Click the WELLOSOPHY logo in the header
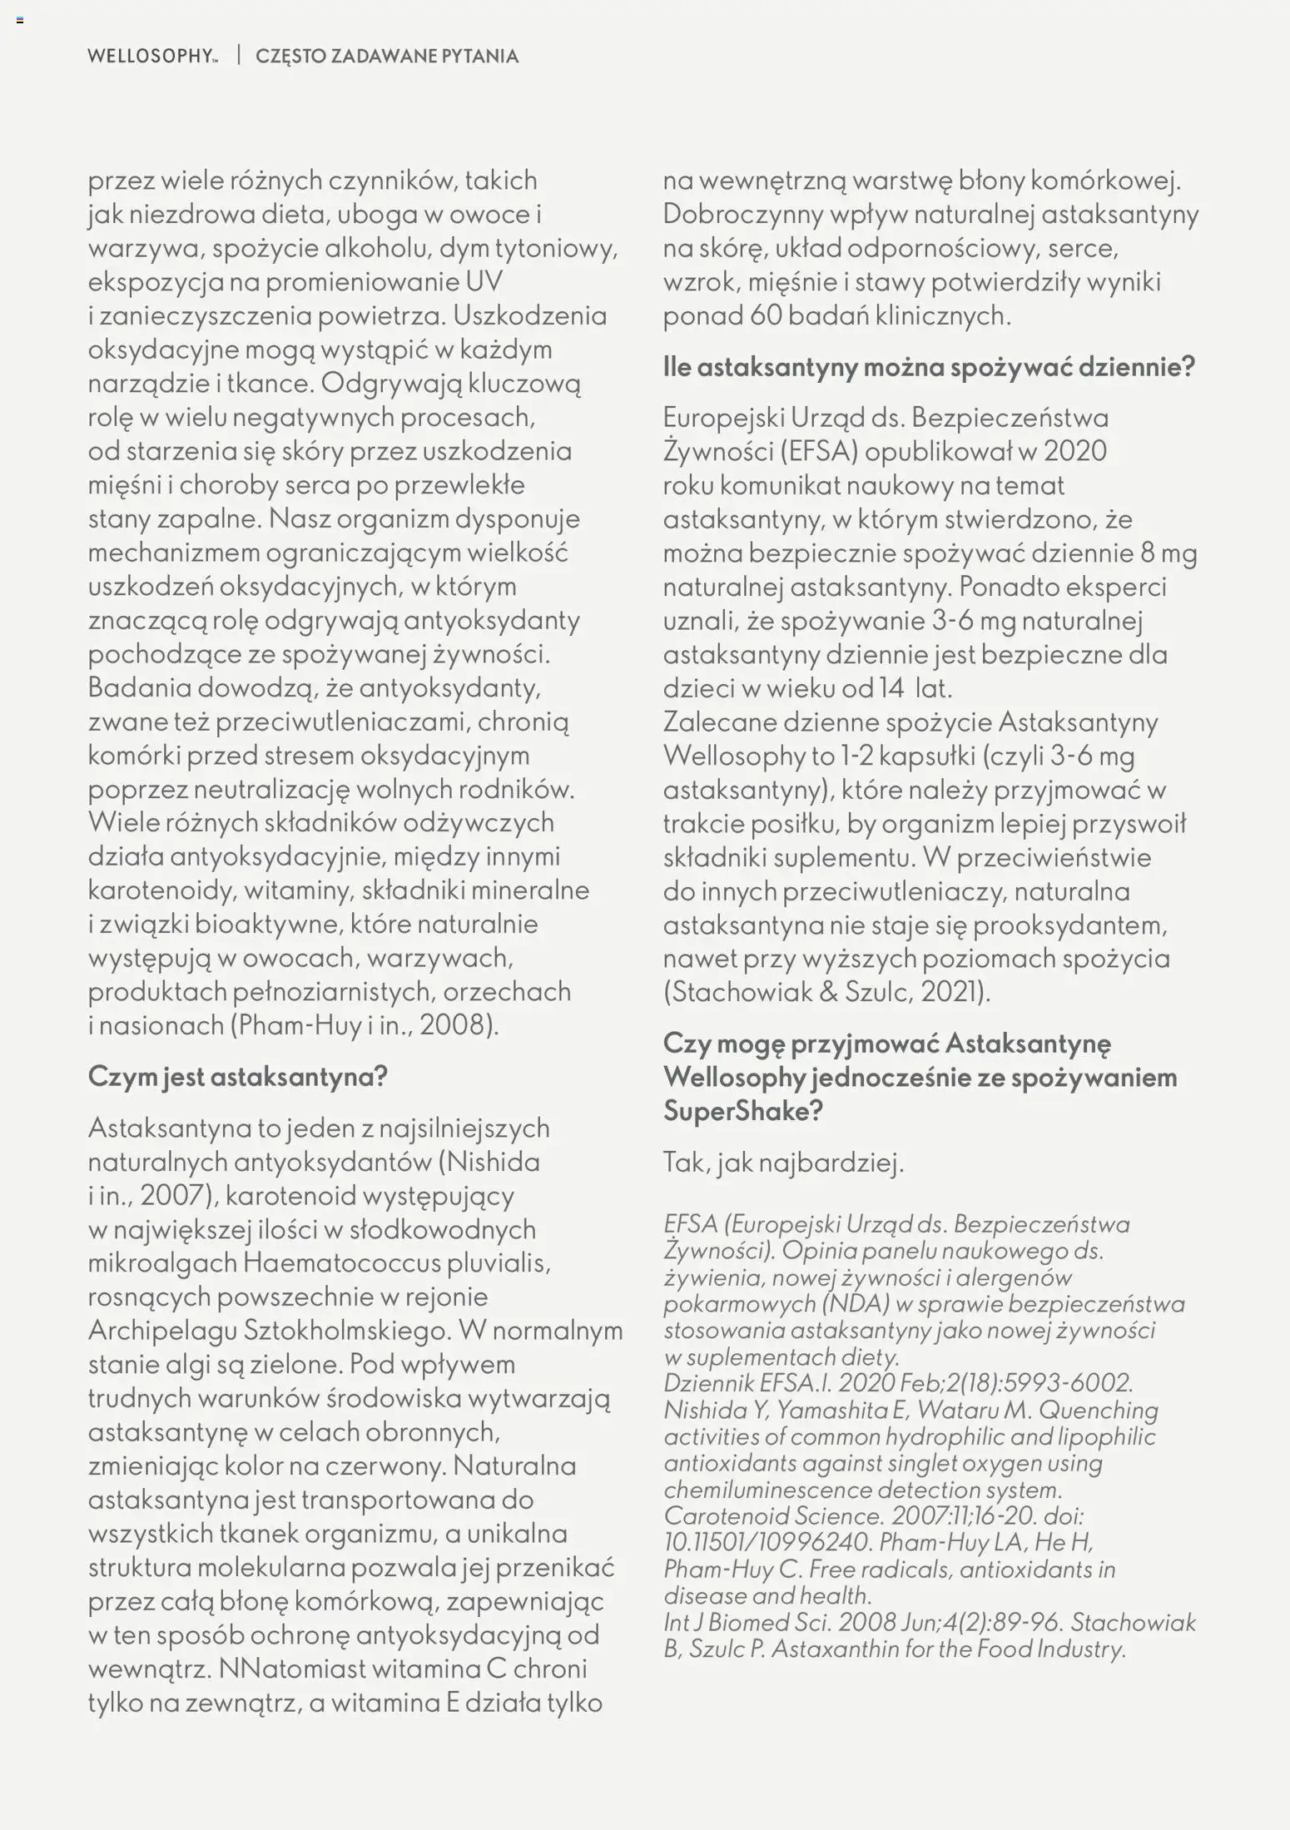pyautogui.click(x=151, y=57)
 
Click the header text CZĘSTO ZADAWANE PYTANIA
pyautogui.click(x=387, y=57)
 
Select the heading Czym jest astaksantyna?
pyautogui.click(x=238, y=1077)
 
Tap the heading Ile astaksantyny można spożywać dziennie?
pyautogui.click(x=929, y=367)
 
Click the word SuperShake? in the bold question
pyautogui.click(x=742, y=1111)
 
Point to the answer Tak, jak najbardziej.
pyautogui.click(x=783, y=1163)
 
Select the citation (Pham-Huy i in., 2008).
pyautogui.click(x=365, y=1024)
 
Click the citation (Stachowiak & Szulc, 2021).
pyautogui.click(x=827, y=992)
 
